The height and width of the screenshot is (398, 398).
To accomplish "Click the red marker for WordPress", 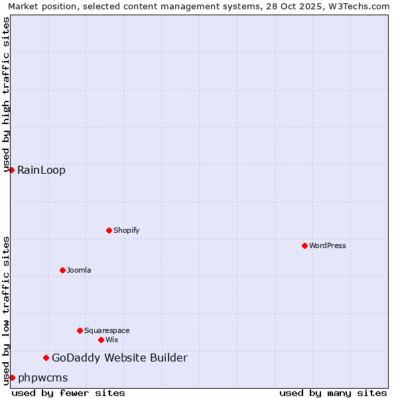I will (x=304, y=245).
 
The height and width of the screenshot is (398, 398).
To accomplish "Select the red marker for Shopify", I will (x=109, y=230).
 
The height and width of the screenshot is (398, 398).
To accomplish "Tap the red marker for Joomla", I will (x=62, y=270).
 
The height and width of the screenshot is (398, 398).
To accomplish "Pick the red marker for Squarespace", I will (x=80, y=330).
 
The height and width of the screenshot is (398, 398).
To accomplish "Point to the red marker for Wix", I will (x=101, y=340).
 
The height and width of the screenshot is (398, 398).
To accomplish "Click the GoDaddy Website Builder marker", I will (x=46, y=358).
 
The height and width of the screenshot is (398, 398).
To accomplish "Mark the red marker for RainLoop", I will (x=11, y=170).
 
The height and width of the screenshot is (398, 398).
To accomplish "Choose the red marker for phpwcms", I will (x=12, y=377).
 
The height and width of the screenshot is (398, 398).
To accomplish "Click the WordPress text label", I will (x=328, y=245).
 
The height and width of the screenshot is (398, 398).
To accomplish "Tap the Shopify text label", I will (x=127, y=230).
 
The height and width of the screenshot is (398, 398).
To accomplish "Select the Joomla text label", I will (x=79, y=270).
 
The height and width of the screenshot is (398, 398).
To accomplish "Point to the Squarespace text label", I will (x=107, y=330).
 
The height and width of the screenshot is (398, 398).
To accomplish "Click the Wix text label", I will (x=111, y=340).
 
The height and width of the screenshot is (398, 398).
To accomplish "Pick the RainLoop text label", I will (x=41, y=170).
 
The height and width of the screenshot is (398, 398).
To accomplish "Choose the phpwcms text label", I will (x=42, y=377).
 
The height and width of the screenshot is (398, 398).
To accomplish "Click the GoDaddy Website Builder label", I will (x=119, y=358).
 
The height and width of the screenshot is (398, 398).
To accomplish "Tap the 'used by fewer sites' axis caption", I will (x=68, y=393).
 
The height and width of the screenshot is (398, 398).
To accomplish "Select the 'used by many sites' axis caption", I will (x=333, y=393).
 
